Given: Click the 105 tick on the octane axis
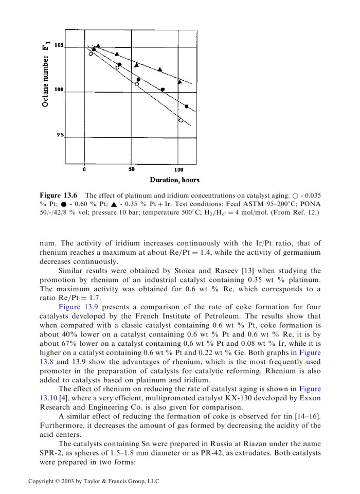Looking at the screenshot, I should coord(59,46).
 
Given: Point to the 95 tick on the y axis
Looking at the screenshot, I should coord(61,135).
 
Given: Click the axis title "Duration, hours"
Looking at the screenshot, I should coord(174,180).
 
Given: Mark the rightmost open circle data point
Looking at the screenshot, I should coord(181,120).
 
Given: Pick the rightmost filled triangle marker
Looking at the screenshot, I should coord(180,81).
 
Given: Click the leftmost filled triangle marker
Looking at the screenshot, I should coord(98,46).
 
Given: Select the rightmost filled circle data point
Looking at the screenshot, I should coord(187,107).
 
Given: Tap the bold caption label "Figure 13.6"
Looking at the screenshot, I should coord(58,196).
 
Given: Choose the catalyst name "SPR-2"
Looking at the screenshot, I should coord(52,453).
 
